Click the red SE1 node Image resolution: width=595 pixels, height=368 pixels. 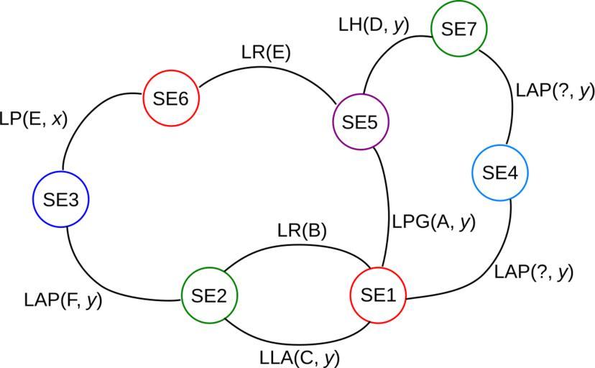click(377, 296)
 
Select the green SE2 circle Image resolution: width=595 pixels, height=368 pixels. click(208, 295)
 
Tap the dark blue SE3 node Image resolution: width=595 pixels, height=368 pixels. click(61, 200)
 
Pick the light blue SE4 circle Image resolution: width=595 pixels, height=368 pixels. click(499, 173)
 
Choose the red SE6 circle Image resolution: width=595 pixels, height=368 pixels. click(170, 98)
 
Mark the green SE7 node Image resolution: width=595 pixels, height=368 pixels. click(458, 29)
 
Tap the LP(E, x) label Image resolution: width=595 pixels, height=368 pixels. click(33, 119)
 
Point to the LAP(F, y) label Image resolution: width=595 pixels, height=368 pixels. click(63, 300)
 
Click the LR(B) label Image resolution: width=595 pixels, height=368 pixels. click(302, 231)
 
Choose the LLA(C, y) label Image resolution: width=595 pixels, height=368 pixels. click(300, 356)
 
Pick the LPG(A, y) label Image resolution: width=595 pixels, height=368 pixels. click(434, 222)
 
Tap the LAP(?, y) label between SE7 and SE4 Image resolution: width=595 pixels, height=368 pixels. click(555, 91)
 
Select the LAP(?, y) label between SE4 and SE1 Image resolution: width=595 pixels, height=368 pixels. click(534, 272)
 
